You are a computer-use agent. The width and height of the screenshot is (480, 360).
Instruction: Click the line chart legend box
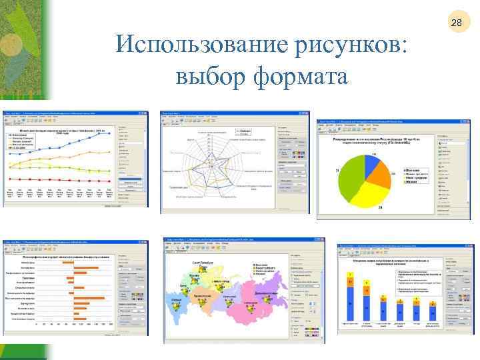(x=25, y=141)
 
